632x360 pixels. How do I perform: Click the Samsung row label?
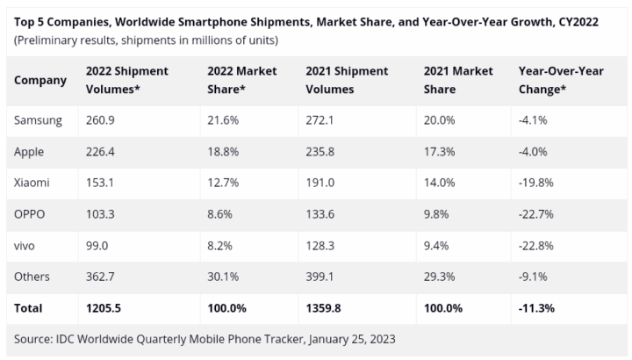pos(38,119)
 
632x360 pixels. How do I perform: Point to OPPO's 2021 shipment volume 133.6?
pos(322,213)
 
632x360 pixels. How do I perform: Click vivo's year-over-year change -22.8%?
pos(537,245)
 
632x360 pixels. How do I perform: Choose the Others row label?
pos(32,277)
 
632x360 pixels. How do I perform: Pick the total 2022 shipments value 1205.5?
pos(104,308)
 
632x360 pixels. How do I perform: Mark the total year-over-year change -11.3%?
pos(537,308)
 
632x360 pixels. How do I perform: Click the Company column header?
pos(40,80)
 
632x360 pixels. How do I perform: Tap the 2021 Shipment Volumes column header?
pos(347,80)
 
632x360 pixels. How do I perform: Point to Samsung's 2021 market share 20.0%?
pos(441,119)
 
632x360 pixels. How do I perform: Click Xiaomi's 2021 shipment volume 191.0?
pos(322,183)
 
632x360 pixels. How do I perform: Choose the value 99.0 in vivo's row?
pos(98,245)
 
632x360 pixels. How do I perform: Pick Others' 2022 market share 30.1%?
pos(224,277)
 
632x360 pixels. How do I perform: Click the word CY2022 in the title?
pos(573,21)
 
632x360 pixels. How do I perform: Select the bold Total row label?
pos(28,308)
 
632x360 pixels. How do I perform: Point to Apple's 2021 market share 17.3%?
pos(440,151)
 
